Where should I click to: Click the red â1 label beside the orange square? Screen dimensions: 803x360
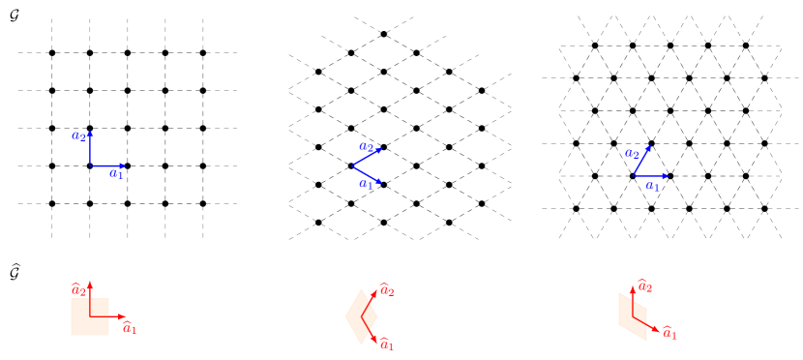(x=130, y=329)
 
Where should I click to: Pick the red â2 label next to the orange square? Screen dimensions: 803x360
(x=77, y=289)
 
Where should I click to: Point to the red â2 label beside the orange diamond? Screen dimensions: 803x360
(x=386, y=289)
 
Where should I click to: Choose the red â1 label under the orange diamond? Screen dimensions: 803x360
(x=386, y=345)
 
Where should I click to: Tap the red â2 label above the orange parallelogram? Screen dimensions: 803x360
(x=644, y=286)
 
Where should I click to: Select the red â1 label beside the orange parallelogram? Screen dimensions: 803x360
(x=669, y=334)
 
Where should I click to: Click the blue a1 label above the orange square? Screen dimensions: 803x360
(x=116, y=175)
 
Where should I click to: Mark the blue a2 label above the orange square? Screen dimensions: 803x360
(x=77, y=135)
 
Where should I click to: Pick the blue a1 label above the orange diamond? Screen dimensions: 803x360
(x=365, y=183)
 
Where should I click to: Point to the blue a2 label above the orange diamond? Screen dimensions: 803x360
(x=365, y=147)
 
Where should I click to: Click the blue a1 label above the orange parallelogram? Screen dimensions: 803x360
(x=652, y=186)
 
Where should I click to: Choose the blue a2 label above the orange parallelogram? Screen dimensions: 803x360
(x=631, y=153)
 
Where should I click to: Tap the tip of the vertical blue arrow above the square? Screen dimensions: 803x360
(x=90, y=131)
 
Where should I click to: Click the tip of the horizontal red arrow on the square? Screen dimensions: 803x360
(x=126, y=316)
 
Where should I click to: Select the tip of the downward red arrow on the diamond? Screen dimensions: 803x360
(x=377, y=343)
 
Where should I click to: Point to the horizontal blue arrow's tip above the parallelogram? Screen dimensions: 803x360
(x=669, y=176)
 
